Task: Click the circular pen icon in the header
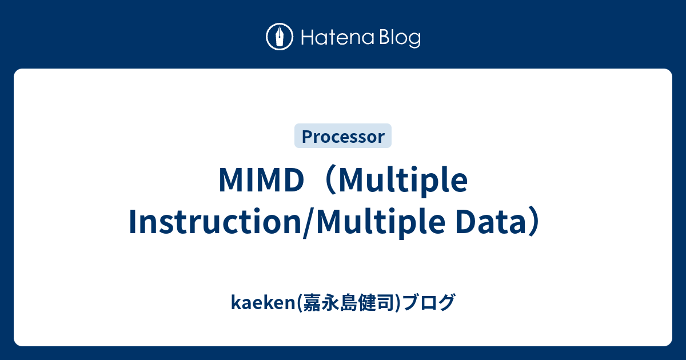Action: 280,37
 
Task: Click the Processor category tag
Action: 343,136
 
